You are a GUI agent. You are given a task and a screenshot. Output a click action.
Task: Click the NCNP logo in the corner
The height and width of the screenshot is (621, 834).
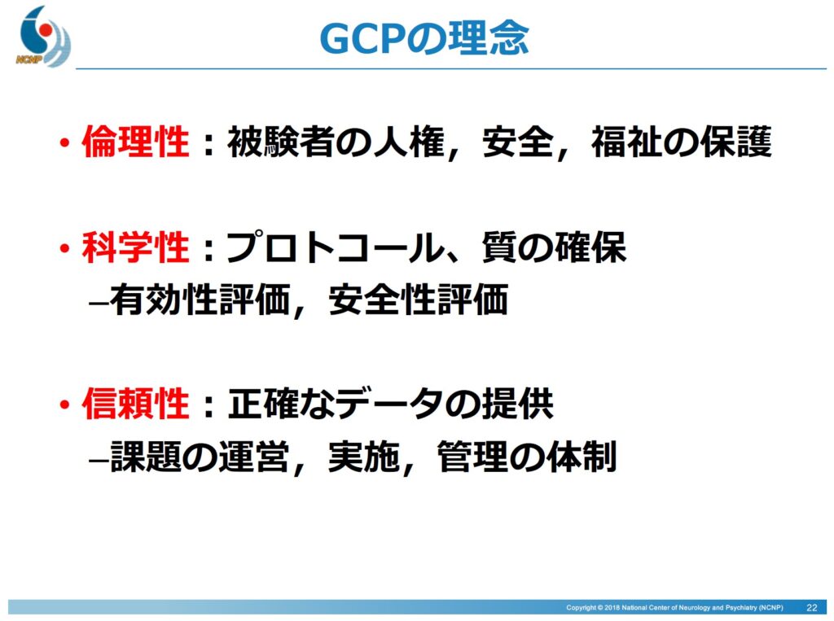pyautogui.click(x=43, y=36)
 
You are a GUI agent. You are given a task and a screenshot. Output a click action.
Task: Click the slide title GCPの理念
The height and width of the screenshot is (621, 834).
pyautogui.click(x=424, y=38)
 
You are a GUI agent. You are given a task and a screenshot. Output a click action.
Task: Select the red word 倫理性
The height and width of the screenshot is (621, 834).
pyautogui.click(x=136, y=142)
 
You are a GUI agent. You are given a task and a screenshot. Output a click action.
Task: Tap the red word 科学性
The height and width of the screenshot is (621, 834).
pyautogui.click(x=136, y=247)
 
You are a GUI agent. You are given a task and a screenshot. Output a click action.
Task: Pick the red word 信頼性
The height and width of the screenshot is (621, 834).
pyautogui.click(x=136, y=404)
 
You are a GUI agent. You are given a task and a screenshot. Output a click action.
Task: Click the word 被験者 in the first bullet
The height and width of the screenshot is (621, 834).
pyautogui.click(x=281, y=142)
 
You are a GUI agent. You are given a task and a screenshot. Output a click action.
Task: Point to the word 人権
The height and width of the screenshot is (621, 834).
pyautogui.click(x=408, y=142)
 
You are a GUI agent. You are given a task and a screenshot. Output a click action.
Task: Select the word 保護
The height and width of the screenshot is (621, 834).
pyautogui.click(x=735, y=142)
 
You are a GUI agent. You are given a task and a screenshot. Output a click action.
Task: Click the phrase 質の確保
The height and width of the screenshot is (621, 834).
pyautogui.click(x=554, y=247)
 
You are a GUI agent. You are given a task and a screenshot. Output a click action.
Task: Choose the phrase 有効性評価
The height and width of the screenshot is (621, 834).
pyautogui.click(x=200, y=300)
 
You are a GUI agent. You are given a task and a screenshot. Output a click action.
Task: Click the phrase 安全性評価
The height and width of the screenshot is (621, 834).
pyautogui.click(x=418, y=300)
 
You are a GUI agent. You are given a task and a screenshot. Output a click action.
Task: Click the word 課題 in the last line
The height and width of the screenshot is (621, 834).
pyautogui.click(x=146, y=456)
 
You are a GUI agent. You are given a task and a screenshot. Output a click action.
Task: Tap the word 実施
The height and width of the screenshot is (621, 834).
pyautogui.click(x=364, y=456)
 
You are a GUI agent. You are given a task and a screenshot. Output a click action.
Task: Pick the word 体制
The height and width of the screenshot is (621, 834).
pyautogui.click(x=582, y=456)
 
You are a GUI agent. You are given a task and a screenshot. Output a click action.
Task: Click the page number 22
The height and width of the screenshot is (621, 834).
pyautogui.click(x=812, y=607)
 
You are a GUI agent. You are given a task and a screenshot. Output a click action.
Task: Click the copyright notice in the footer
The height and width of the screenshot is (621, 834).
pyautogui.click(x=674, y=607)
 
